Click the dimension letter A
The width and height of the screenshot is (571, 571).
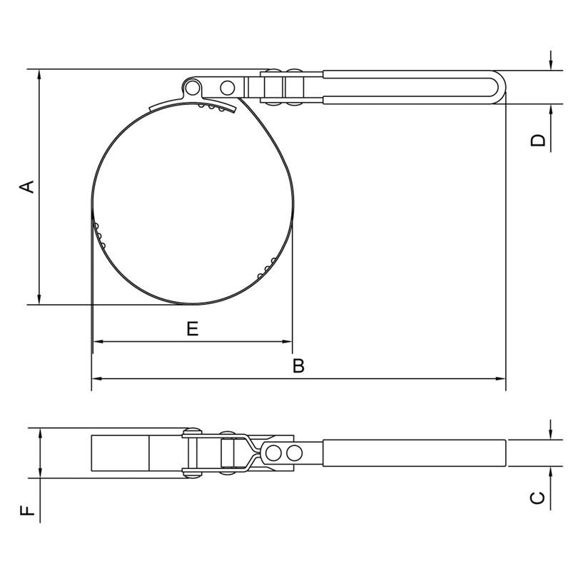26,186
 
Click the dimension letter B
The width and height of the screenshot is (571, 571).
298,365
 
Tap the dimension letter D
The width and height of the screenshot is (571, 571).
538,140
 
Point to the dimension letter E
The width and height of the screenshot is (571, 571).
193,328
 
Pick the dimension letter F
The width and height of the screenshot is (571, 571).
27,510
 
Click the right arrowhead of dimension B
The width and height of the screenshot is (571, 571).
501,379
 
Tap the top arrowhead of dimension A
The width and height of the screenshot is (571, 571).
40,74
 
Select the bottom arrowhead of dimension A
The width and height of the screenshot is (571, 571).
40,299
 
